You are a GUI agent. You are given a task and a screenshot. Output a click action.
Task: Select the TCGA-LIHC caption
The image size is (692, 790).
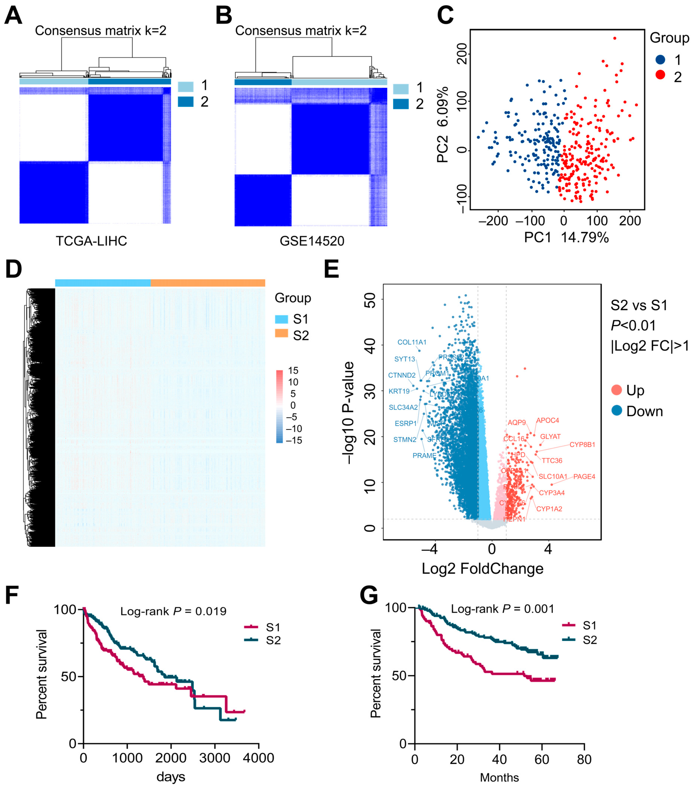tap(92, 241)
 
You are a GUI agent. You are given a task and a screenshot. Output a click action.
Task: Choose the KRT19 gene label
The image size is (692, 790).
tap(399, 391)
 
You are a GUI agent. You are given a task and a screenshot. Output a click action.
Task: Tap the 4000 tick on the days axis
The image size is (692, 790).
tap(259, 758)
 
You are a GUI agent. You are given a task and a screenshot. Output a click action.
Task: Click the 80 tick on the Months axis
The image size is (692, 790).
tap(584, 759)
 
